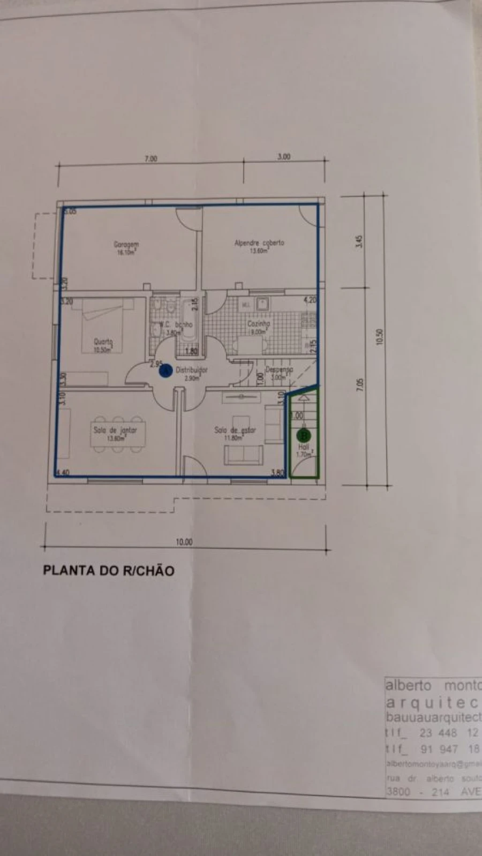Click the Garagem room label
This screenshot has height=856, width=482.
click(126, 245)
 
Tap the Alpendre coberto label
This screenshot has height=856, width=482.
click(259, 243)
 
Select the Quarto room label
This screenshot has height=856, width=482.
click(103, 342)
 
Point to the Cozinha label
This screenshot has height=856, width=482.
click(259, 324)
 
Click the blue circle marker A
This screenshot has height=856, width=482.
click(165, 370)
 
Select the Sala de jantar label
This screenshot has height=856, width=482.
click(115, 430)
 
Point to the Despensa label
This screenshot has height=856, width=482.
click(279, 369)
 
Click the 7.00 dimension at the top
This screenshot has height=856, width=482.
click(151, 158)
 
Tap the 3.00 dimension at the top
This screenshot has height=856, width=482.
click(284, 157)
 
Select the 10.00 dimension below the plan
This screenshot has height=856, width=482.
click(184, 542)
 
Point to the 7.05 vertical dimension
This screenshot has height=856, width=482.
click(360, 385)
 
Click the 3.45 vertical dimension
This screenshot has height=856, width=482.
click(360, 241)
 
